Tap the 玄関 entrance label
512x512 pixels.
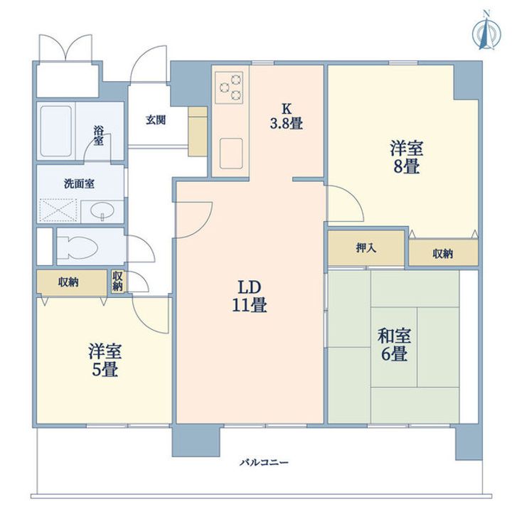point(156,120)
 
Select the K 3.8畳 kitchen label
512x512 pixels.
point(286,117)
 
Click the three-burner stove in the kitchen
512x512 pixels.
point(229,87)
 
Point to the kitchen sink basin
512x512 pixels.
point(231,154)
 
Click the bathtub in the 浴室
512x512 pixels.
point(56,132)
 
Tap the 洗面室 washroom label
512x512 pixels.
point(79,184)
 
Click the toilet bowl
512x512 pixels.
point(78,247)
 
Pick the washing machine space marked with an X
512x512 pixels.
point(58,210)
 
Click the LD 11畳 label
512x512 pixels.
point(250,296)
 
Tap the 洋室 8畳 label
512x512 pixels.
point(406,157)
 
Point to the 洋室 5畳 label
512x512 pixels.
point(105,361)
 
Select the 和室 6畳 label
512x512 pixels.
point(394,345)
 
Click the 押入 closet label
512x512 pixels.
point(366,248)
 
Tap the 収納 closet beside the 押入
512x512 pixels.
point(443,254)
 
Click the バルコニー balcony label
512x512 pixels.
point(264,463)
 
